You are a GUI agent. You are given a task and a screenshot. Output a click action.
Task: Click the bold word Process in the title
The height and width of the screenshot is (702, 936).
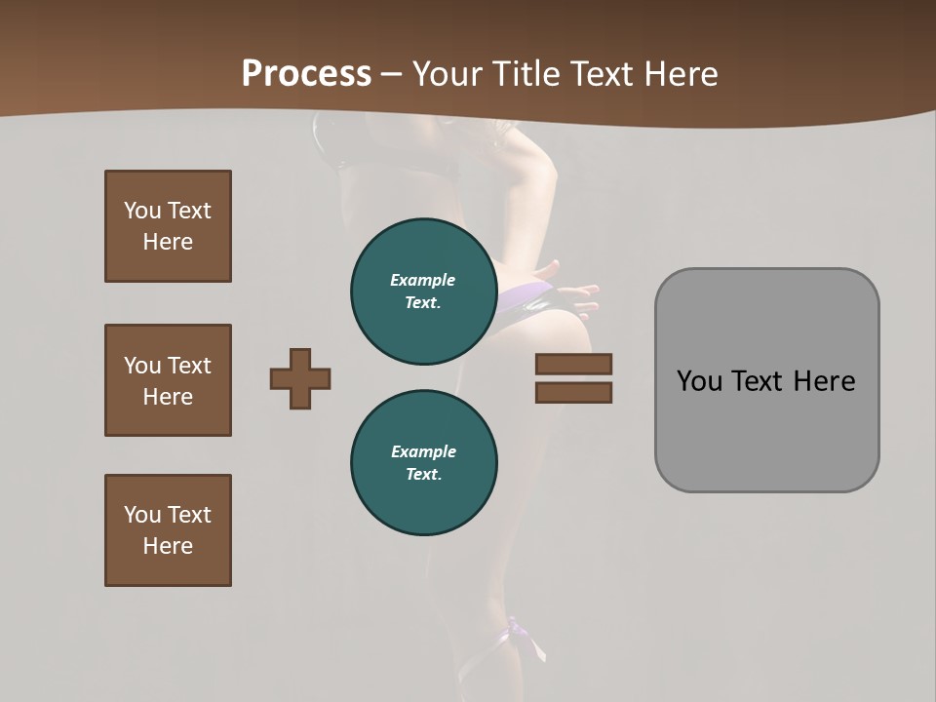306,74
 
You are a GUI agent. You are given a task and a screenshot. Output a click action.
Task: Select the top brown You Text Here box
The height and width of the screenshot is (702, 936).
168,226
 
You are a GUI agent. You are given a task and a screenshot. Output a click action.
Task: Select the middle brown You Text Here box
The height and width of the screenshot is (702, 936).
168,380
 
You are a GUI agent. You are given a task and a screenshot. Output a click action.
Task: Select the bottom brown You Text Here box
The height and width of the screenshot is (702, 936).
168,530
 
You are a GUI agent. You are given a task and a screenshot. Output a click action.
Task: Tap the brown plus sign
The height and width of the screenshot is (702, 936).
300,378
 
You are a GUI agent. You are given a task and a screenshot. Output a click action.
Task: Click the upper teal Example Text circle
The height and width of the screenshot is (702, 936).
423,292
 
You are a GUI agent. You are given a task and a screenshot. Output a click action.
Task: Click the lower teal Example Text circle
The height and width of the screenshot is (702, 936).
423,463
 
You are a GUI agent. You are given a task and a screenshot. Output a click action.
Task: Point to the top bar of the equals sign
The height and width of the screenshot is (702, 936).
573,365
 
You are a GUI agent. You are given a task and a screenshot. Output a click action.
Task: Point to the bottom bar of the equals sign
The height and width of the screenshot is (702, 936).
573,393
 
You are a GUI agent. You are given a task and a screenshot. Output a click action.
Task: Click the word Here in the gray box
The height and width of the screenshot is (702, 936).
824,381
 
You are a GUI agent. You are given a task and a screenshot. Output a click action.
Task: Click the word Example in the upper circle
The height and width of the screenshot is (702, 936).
423,281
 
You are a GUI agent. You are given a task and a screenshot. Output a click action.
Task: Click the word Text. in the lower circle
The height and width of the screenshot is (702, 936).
423,475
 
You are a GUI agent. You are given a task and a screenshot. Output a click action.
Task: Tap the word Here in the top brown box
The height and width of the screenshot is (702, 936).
168,243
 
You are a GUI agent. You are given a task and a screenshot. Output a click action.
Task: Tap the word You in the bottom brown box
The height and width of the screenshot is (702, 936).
142,515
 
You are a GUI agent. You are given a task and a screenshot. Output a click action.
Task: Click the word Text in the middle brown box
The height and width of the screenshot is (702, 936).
189,366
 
